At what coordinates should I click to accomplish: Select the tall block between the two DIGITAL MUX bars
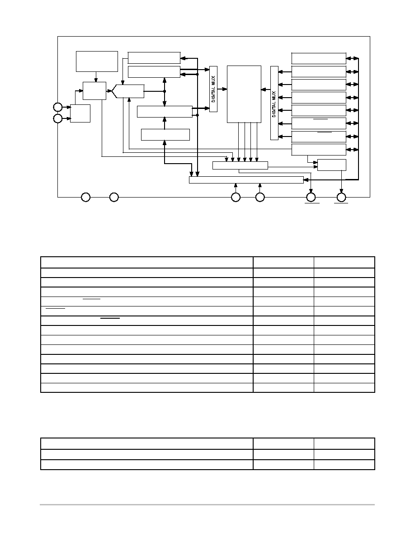[244, 94]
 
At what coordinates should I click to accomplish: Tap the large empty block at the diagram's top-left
[97, 61]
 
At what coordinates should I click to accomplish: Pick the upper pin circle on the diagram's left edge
[58, 107]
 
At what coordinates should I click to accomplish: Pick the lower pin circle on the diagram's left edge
[58, 118]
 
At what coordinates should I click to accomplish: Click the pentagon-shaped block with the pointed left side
[128, 91]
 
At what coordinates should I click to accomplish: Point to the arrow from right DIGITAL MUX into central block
[266, 90]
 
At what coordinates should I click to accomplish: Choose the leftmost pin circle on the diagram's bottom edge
[85, 197]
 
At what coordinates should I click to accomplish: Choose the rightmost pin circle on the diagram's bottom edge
[341, 197]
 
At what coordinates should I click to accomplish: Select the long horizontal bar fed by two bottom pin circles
[246, 180]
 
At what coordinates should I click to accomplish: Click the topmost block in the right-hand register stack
[319, 59]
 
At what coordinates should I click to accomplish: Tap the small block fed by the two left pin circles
[80, 113]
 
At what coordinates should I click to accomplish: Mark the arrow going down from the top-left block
[96, 77]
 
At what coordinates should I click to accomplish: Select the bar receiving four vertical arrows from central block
[240, 165]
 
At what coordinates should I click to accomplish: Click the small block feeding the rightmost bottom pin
[332, 165]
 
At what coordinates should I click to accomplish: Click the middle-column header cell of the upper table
[283, 262]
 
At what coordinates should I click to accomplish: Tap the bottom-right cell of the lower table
[344, 465]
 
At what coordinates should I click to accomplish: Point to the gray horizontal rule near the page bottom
[207, 504]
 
